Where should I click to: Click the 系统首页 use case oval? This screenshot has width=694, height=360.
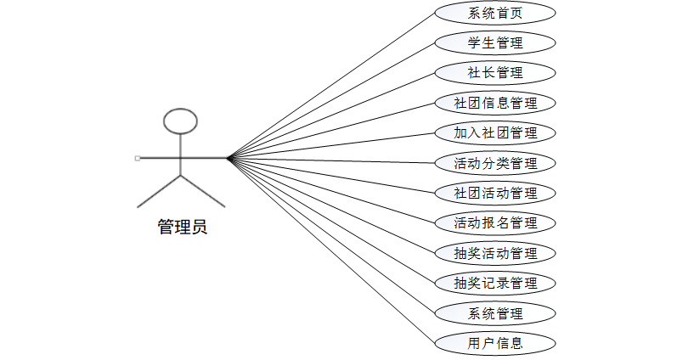(x=495, y=13)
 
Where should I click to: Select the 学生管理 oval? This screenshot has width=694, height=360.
(x=495, y=42)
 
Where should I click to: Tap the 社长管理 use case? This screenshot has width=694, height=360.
(x=495, y=72)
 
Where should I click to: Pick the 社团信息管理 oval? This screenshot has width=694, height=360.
(x=495, y=103)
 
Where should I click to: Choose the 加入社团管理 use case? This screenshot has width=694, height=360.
(x=495, y=132)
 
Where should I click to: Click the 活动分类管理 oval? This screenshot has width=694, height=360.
(x=495, y=163)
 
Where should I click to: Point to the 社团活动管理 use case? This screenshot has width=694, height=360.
(x=495, y=193)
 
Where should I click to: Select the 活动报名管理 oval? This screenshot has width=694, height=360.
(x=495, y=223)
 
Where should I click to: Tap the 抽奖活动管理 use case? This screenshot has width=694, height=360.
(x=495, y=253)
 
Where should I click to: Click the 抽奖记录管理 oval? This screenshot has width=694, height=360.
(x=495, y=283)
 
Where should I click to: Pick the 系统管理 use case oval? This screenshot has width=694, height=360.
(x=495, y=313)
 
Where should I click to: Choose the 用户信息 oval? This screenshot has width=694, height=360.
(x=495, y=343)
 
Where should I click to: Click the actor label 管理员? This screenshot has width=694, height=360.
(x=182, y=227)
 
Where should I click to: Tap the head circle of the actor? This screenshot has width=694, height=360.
(x=180, y=121)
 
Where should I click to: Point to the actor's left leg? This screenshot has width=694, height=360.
(x=159, y=191)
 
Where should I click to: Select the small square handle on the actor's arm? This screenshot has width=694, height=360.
(x=138, y=158)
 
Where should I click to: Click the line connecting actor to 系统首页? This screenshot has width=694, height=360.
(x=331, y=86)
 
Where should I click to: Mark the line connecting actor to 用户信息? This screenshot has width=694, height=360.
(x=331, y=250)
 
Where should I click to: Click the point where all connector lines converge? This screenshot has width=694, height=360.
(x=229, y=158)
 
